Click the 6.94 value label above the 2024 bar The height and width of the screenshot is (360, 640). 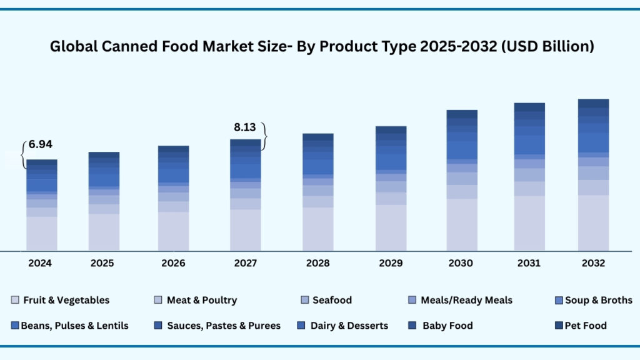(41, 144)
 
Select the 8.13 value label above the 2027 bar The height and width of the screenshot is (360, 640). (245, 127)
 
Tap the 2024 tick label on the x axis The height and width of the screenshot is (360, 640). (39, 263)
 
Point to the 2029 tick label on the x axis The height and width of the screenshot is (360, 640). (391, 263)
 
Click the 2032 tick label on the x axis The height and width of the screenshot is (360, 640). (592, 263)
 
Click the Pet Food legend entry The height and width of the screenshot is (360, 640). (585, 326)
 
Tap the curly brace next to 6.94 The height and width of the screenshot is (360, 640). (24, 154)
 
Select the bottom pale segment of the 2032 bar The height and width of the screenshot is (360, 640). (593, 223)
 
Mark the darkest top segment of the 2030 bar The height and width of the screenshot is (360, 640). (462, 114)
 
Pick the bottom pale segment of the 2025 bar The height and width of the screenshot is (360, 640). (104, 232)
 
